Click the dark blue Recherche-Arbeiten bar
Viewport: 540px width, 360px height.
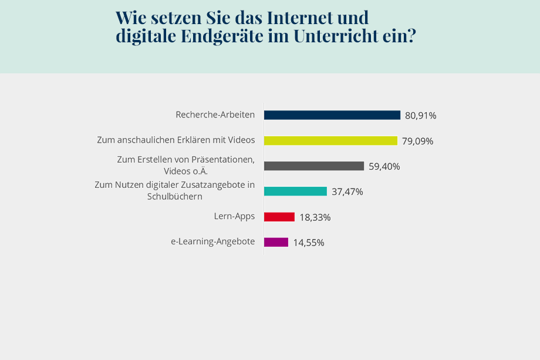pos(332,115)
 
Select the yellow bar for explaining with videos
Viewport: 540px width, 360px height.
pos(330,140)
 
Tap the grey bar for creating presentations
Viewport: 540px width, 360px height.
pos(313,166)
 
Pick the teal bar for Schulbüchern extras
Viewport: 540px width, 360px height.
pos(295,191)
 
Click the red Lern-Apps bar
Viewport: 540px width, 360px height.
pos(279,217)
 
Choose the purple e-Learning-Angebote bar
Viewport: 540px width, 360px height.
pos(276,242)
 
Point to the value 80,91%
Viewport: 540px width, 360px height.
pos(420,116)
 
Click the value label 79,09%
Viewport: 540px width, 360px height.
pos(417,141)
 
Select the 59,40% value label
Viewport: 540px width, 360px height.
pos(384,167)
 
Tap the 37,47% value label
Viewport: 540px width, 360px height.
pos(347,192)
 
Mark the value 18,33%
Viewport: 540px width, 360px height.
pos(315,217)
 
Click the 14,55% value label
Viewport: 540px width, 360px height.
pos(308,243)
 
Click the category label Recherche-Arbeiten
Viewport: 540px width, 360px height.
pos(215,115)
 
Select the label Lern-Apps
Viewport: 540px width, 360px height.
pos(234,216)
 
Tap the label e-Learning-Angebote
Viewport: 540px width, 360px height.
pos(212,241)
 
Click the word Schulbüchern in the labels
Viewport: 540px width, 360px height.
pos(174,197)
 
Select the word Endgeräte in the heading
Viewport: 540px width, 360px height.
pos(221,36)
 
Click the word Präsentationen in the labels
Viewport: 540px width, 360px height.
pos(222,160)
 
